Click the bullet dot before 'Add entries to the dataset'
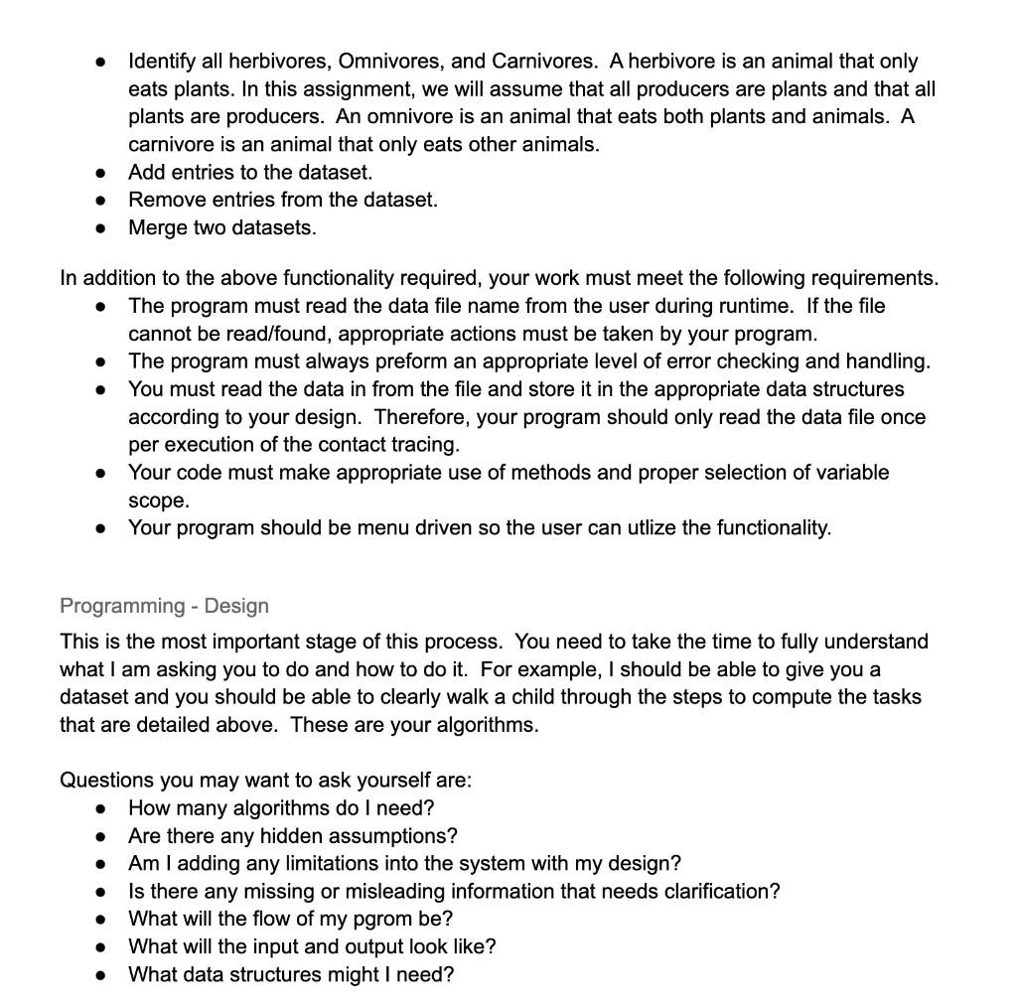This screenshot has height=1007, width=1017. point(100,173)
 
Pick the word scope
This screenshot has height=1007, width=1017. point(157,500)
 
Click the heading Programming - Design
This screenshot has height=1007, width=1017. point(164,605)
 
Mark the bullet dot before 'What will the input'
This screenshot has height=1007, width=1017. point(100,947)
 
